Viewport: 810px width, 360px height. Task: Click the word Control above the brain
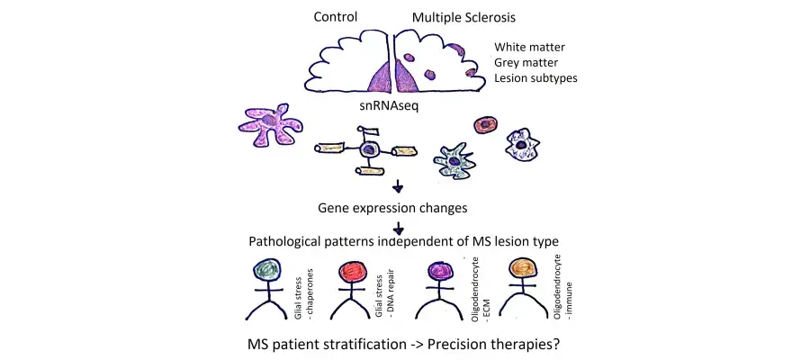(x=337, y=17)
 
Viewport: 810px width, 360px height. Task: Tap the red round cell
(x=487, y=125)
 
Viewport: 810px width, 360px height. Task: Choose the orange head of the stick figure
(x=521, y=269)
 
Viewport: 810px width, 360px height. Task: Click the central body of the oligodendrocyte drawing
(x=370, y=150)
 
